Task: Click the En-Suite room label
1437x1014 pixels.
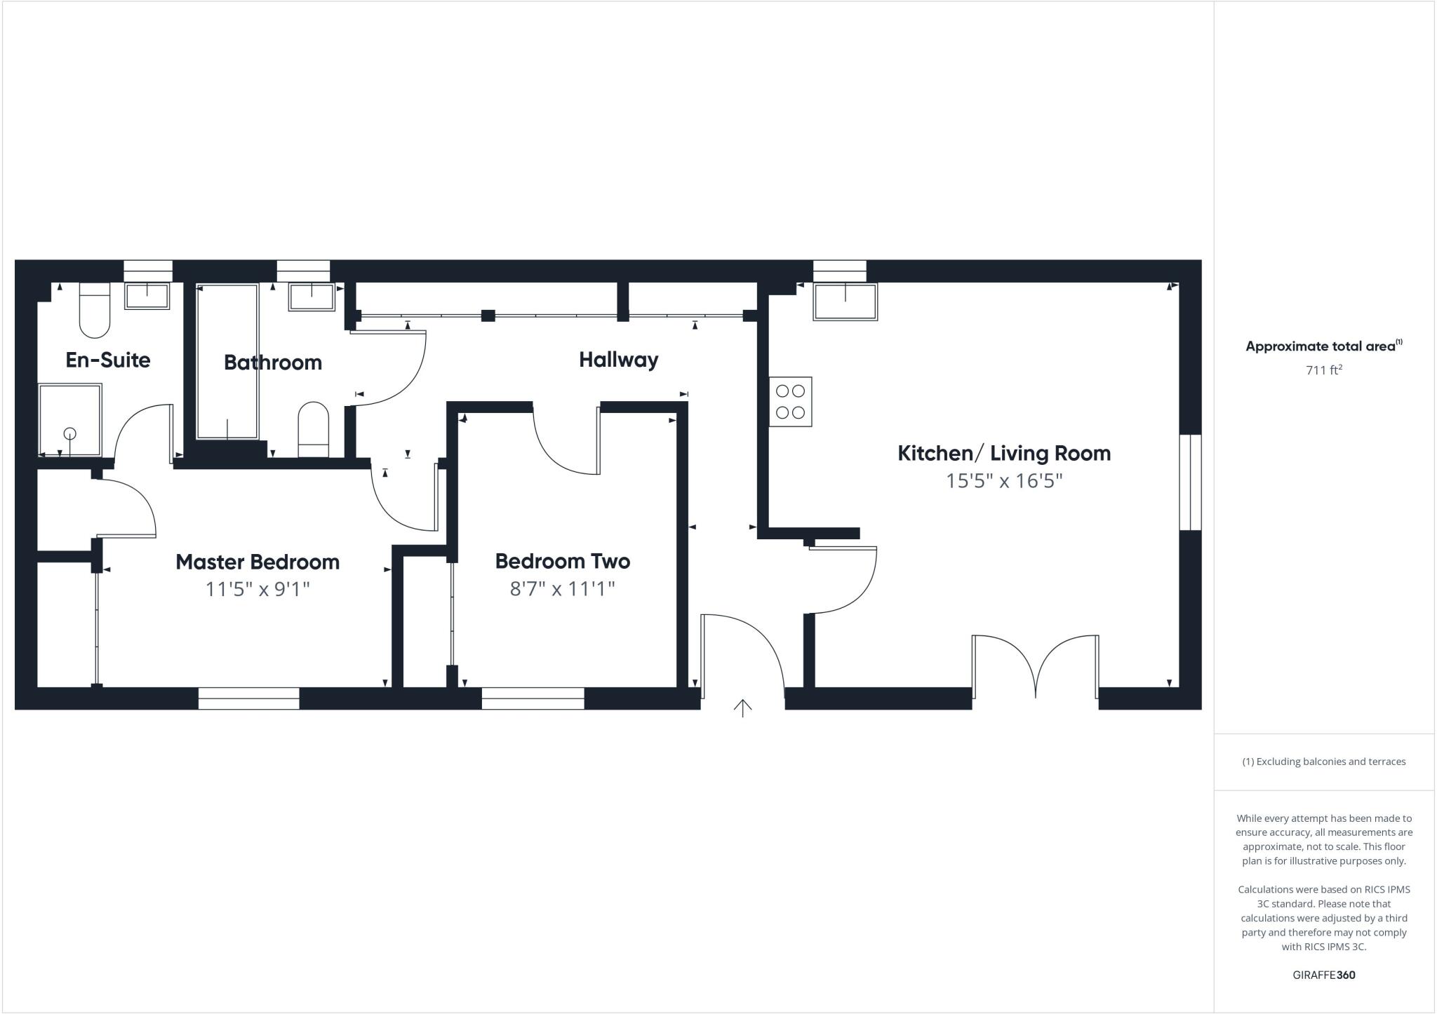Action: pos(108,360)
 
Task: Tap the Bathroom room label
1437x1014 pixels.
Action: pos(273,363)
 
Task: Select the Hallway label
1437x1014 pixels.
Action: pos(618,360)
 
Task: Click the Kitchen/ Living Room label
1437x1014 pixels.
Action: pos(1004,453)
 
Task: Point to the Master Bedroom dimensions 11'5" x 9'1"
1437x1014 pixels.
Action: pos(257,589)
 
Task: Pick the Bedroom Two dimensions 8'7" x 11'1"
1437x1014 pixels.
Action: pos(562,588)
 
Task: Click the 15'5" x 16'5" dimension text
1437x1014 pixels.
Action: pos(1004,481)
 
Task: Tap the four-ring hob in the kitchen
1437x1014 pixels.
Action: pos(790,402)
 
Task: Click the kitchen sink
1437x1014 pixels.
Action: pos(845,302)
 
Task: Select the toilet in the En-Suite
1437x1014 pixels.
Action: pos(95,310)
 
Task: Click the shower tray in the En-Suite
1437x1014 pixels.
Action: pos(69,420)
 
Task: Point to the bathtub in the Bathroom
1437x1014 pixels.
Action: pos(227,361)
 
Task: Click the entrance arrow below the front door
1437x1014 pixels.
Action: pos(742,708)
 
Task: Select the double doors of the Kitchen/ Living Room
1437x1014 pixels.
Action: pos(1035,666)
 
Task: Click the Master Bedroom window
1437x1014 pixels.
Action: pos(248,698)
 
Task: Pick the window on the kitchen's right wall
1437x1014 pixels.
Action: pos(1190,482)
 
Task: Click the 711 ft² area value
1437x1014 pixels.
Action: pos(1323,370)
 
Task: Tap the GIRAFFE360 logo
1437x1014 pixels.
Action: pos(1323,975)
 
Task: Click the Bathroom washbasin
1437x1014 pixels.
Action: pos(311,297)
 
